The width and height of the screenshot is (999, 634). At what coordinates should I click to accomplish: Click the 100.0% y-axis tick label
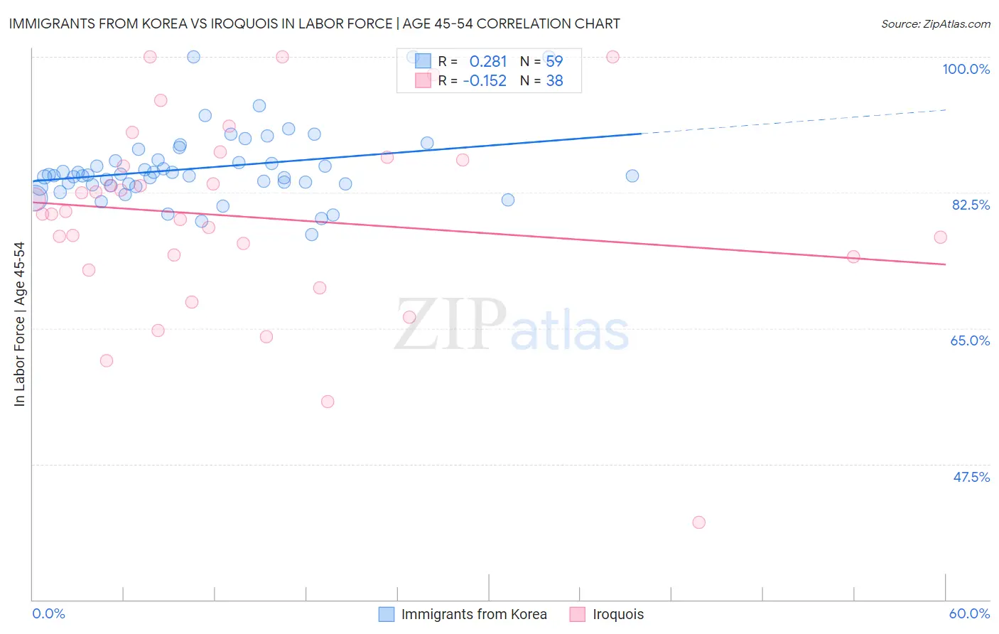click(966, 69)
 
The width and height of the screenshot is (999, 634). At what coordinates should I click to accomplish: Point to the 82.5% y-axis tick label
click(971, 205)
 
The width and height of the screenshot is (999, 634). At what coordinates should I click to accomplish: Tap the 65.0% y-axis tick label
click(970, 340)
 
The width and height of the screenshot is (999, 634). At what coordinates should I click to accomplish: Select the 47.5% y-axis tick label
click(971, 477)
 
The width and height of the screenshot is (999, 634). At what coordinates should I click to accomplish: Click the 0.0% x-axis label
click(48, 613)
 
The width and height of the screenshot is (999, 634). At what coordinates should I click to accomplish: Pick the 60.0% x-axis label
click(969, 613)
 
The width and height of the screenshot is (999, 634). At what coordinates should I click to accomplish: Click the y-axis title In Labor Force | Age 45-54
click(19, 324)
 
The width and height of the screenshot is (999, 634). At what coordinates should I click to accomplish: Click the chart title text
click(314, 23)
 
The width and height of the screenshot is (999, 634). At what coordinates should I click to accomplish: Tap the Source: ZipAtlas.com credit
click(935, 23)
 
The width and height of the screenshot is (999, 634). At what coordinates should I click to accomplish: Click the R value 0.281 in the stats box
click(487, 62)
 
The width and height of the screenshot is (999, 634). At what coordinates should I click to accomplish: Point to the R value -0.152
click(485, 81)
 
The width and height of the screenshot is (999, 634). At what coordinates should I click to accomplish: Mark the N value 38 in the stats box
click(554, 81)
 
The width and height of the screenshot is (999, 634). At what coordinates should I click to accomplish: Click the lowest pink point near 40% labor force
click(698, 522)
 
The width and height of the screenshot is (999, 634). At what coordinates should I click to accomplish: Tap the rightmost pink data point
click(940, 237)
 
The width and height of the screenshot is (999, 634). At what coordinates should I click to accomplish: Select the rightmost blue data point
click(632, 176)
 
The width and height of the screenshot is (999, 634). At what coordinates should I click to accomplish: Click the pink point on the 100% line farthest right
click(612, 57)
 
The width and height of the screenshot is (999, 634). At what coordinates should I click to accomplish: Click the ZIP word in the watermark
click(450, 324)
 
